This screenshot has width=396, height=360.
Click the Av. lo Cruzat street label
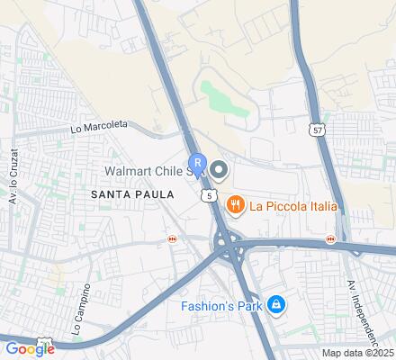[x=15, y=185]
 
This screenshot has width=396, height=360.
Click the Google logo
[x=30, y=348]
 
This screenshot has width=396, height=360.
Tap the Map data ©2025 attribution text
[x=358, y=353]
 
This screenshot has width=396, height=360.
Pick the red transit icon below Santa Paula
[x=172, y=239]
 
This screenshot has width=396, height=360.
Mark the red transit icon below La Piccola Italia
[x=330, y=238]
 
